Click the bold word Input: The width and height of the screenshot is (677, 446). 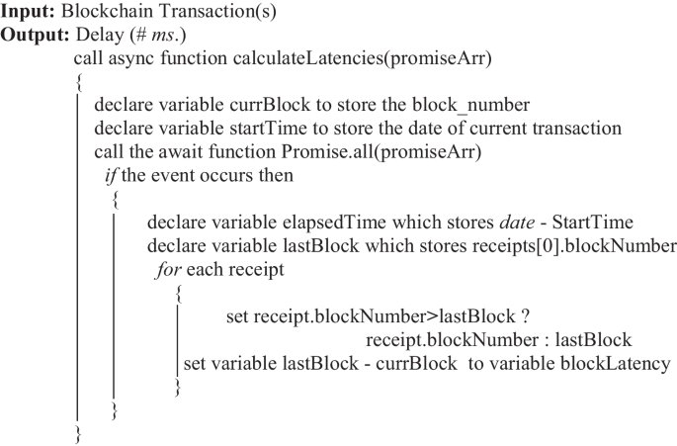(x=28, y=12)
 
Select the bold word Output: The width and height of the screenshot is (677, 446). (x=35, y=35)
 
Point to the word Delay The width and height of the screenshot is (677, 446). (x=100, y=35)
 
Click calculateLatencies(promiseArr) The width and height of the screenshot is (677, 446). (x=363, y=58)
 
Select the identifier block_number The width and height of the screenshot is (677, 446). (x=471, y=106)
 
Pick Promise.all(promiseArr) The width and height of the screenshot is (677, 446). (x=381, y=152)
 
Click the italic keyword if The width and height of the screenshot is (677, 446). (x=112, y=176)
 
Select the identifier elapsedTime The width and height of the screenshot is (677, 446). (x=334, y=223)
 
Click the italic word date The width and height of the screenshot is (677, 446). (x=517, y=223)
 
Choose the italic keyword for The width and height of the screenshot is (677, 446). (x=168, y=270)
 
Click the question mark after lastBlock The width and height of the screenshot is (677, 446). (x=525, y=316)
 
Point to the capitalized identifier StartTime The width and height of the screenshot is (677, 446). (x=593, y=223)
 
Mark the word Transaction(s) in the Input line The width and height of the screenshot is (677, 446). (x=217, y=12)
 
